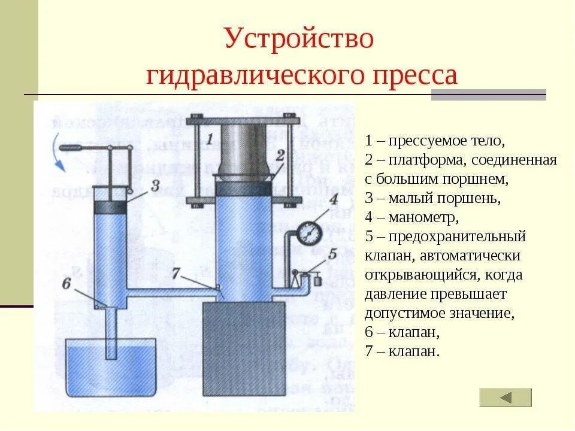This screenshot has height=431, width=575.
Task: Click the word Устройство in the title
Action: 299,40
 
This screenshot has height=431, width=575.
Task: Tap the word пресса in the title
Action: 413,77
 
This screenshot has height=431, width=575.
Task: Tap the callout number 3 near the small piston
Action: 155,186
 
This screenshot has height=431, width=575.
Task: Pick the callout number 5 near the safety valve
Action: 332,253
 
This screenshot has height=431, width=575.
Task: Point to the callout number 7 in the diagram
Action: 175,273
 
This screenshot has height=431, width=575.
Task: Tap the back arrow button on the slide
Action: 506,397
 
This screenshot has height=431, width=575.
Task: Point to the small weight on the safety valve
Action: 315,279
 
